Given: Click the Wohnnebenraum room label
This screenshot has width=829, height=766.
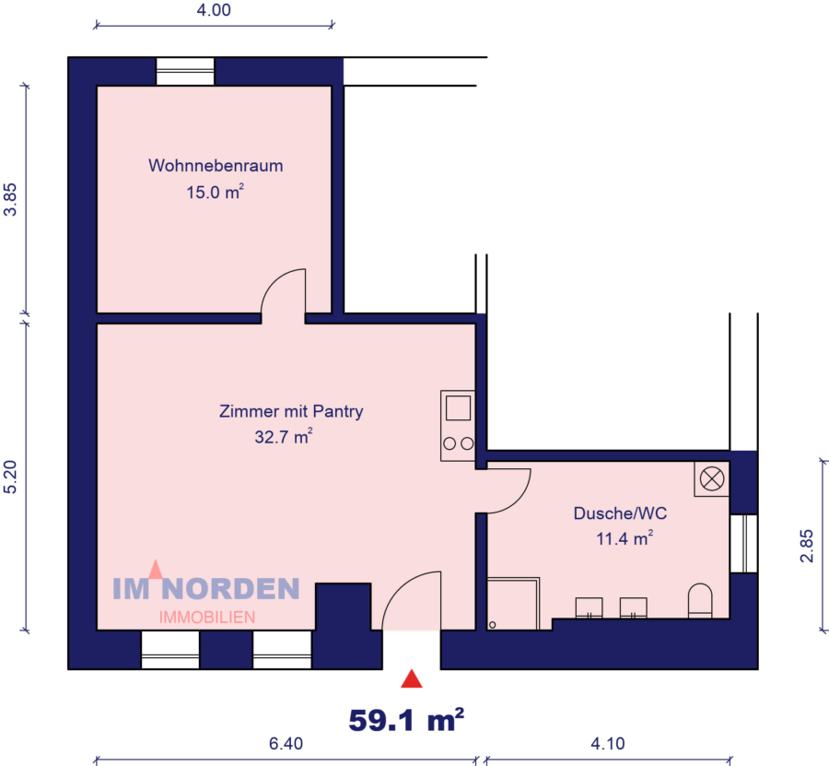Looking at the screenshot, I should coord(215,166).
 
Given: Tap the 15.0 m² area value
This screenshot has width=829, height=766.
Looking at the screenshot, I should coord(215,194).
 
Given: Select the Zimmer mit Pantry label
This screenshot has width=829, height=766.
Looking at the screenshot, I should coord(291,411).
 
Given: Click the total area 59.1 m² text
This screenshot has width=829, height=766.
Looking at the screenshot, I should coord(405,719).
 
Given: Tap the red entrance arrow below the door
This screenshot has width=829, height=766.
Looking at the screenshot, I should coord(411,680).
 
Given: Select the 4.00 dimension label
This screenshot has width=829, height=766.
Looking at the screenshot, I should coord(214,11).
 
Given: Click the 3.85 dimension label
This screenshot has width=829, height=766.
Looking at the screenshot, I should coord(11,198).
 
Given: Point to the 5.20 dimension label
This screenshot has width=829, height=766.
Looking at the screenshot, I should coord(11,477).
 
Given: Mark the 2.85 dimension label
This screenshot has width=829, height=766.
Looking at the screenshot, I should coord(808,545).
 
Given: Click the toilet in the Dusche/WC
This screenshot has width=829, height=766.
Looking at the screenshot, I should coord(700,600).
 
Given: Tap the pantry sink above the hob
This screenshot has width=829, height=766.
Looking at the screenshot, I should coord(458,407).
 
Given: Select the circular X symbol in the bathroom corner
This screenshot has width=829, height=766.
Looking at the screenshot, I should coord(711,478).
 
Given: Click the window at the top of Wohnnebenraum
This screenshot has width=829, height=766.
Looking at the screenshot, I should coord(185,71).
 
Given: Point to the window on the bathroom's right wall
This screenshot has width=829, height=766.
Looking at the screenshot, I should coord(743,543).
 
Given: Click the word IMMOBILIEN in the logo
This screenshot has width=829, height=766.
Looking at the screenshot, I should coord(207,617).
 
